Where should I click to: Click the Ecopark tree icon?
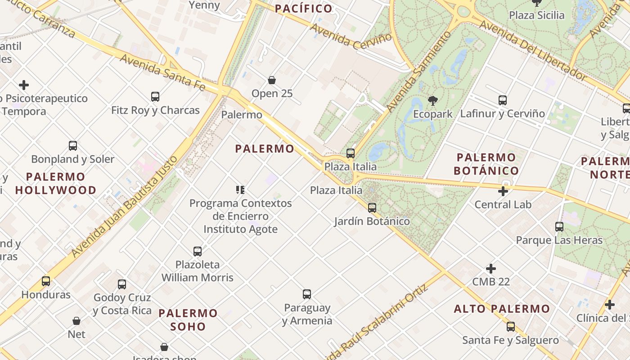click(432, 101)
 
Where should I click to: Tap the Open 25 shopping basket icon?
click(272, 80)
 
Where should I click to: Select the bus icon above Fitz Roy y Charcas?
click(155, 96)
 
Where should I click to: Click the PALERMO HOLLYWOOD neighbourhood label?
click(56, 183)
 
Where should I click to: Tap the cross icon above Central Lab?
click(503, 192)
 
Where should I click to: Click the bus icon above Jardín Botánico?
click(372, 208)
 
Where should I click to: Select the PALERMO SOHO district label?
click(188, 319)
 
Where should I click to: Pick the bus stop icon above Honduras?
click(46, 281)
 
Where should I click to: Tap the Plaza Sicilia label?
click(536, 15)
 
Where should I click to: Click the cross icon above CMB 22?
click(491, 269)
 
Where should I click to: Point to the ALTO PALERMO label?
click(502, 309)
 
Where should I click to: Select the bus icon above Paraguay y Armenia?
click(307, 294)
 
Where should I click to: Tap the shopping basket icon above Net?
click(76, 321)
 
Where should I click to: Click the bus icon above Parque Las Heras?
click(559, 227)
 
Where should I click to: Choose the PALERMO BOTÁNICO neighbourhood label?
click(486, 164)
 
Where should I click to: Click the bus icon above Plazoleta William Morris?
click(198, 251)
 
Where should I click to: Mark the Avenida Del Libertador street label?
click(533, 51)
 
